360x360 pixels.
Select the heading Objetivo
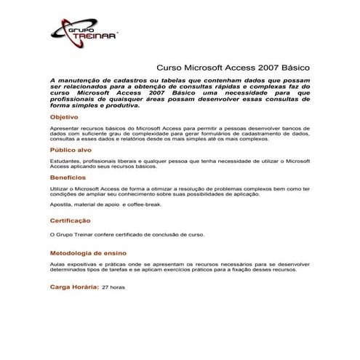64,116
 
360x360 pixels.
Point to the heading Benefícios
68,177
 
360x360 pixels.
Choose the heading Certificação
71,220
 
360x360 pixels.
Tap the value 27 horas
113,287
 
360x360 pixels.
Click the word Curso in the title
171,66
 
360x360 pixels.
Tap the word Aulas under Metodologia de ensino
57,263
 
